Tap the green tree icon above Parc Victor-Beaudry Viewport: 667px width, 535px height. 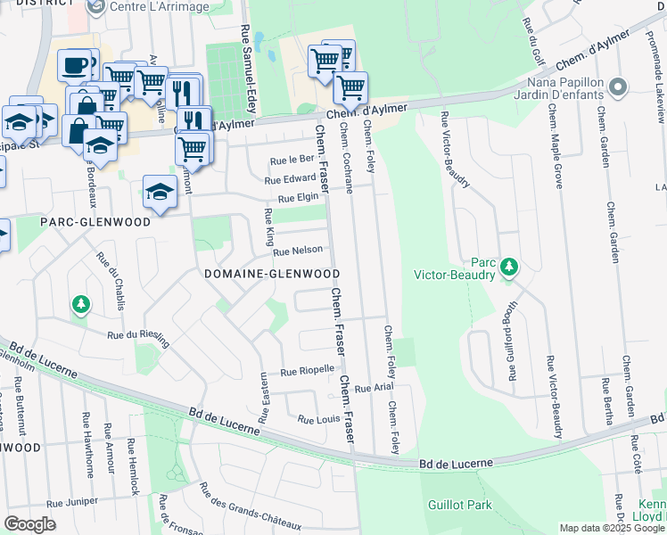click(x=509, y=267)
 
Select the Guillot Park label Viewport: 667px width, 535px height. click(x=460, y=505)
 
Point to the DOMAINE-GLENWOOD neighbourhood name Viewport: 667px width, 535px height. click(x=272, y=274)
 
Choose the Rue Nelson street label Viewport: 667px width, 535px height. click(x=297, y=251)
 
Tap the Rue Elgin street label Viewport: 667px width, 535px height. click(x=298, y=199)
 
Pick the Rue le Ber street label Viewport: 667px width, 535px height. click(x=292, y=160)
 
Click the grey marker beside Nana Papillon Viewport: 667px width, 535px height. click(x=616, y=86)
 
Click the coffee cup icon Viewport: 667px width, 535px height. click(x=75, y=64)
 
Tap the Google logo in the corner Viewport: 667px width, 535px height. click(x=29, y=524)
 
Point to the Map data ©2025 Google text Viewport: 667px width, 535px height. click(x=612, y=528)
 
